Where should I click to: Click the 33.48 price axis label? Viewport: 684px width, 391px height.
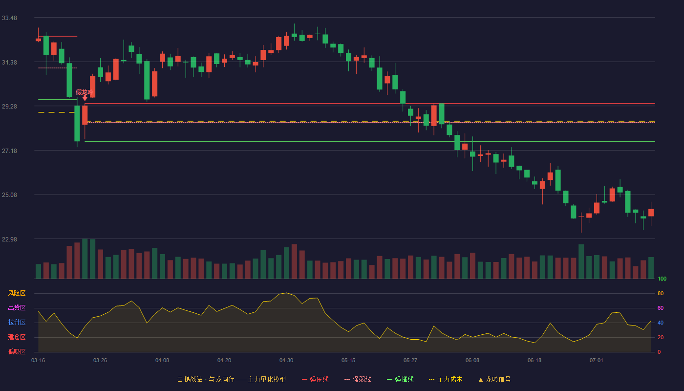9,18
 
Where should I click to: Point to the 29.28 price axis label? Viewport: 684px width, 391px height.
9,107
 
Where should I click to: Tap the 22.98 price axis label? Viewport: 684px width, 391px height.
9,239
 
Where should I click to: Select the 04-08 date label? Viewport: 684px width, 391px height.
162,361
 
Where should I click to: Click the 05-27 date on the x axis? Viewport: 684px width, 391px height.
410,361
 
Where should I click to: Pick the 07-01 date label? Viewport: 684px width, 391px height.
597,361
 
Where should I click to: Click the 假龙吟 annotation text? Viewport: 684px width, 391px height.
84,92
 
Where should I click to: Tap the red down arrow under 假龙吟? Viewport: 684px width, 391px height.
85,98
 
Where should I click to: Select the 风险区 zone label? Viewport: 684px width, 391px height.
17,293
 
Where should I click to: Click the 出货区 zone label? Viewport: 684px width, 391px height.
17,307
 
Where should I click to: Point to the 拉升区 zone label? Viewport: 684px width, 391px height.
17,322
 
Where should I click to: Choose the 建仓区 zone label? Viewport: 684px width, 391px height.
17,337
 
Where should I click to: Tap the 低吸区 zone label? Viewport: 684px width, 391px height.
17,351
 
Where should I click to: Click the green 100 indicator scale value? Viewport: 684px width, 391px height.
662,279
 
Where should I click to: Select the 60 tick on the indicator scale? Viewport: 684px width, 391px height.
661,308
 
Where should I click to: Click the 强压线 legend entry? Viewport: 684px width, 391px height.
315,379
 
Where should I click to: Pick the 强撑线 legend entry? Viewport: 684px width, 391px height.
400,379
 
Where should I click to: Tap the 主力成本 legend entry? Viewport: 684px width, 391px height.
446,379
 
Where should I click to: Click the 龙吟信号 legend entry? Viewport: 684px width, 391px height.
494,379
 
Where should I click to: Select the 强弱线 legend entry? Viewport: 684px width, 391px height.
358,379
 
